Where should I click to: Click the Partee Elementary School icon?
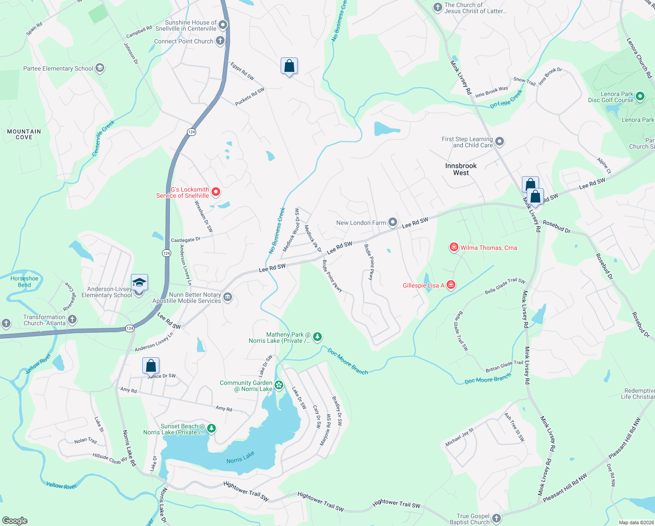coord(100,68)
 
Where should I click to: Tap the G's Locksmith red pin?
coord(215,192)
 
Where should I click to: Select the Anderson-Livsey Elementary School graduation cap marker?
coord(139,283)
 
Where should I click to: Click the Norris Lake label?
coord(240,458)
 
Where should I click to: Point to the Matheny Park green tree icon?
coord(317,337)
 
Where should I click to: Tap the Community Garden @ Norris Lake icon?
coord(279,386)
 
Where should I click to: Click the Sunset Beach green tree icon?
coord(211,428)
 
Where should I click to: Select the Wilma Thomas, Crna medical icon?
coord(454,248)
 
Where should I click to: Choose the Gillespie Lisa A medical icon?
coord(451,285)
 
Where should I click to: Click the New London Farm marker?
coord(393,223)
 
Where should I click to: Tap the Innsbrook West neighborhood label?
coord(461,169)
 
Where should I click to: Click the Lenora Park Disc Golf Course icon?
coord(640,96)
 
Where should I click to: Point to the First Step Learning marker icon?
coord(500,142)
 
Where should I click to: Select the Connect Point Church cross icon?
coord(220,41)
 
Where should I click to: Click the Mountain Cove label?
coord(24,134)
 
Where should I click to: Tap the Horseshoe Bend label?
coord(25,281)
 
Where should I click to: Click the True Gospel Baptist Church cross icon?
coord(496,518)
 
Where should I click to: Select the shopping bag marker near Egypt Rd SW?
coord(289,66)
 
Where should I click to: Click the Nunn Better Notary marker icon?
coord(228,298)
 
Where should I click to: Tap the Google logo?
coord(15,520)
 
